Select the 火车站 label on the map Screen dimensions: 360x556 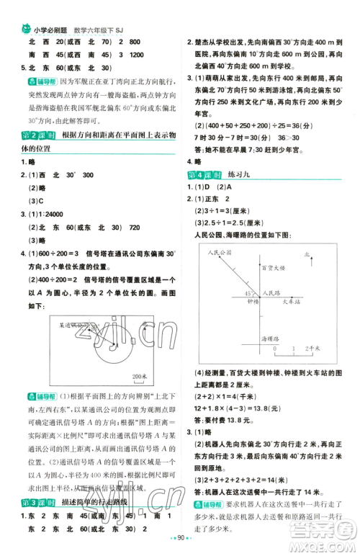click(x=292, y=302)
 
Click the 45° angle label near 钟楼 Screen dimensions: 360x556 click(x=248, y=294)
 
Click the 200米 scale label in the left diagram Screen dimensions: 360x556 click(x=141, y=375)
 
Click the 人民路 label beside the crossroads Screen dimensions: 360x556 click(x=271, y=294)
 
